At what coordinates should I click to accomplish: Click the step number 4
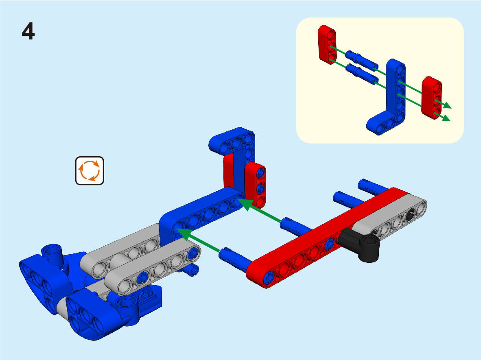(28, 31)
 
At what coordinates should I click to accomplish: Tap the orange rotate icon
(90, 170)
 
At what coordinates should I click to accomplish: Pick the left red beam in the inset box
(327, 45)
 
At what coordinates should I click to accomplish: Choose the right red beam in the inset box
(432, 98)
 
